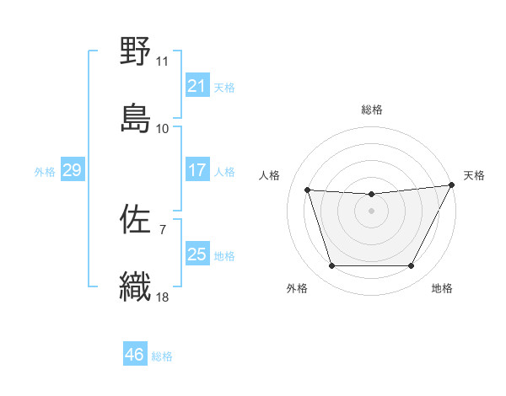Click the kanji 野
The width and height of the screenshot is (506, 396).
click(135, 53)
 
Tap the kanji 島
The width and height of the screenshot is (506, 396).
click(135, 117)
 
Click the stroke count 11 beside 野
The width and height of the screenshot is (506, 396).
click(163, 62)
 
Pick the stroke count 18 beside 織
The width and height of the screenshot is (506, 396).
click(163, 297)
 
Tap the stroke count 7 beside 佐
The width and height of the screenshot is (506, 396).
click(163, 228)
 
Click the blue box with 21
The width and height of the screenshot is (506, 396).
click(197, 86)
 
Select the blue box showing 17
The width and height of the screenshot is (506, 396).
click(197, 170)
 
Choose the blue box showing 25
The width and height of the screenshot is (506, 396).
click(197, 254)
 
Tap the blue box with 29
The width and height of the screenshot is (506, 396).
click(73, 170)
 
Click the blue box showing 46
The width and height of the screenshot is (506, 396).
click(135, 355)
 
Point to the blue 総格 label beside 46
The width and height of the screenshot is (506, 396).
click(163, 356)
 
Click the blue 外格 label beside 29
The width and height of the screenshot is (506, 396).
click(45, 172)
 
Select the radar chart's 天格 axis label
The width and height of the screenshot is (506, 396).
click(474, 175)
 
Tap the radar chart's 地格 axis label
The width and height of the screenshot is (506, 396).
click(442, 288)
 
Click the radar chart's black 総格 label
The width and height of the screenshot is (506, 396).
click(372, 110)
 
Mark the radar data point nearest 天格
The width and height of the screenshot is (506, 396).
click(453, 185)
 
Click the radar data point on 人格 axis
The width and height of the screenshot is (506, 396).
click(308, 190)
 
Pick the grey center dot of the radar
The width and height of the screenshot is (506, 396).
click(372, 211)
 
